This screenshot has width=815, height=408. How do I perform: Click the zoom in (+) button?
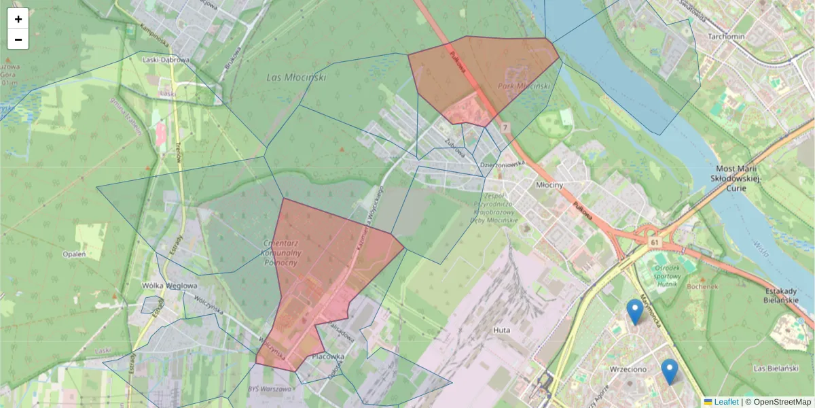click(18, 18)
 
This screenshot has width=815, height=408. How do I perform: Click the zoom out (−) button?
click(18, 39)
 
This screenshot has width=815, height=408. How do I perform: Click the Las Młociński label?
click(296, 78)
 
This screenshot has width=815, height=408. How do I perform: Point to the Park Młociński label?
click(523, 86)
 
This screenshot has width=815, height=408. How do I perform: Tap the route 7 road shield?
click(505, 127)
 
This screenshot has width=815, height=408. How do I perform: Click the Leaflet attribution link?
click(725, 402)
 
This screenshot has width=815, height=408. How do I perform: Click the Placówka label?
click(328, 356)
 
